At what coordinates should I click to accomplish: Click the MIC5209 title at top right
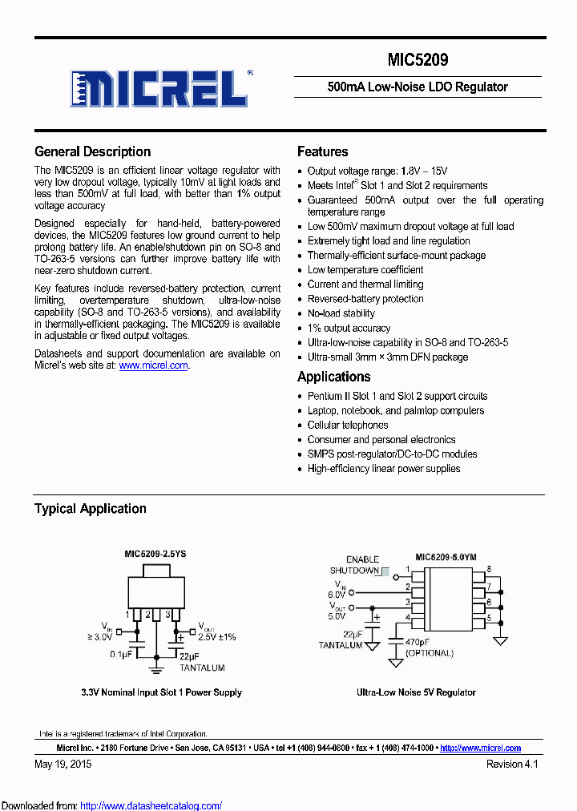click(x=418, y=60)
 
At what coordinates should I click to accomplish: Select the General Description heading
click(x=92, y=151)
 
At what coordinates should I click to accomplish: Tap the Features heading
click(x=322, y=151)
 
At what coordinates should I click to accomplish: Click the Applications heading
click(x=333, y=377)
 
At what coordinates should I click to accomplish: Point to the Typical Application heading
click(x=90, y=509)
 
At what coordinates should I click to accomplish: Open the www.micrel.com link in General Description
click(x=153, y=365)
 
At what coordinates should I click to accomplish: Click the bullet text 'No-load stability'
click(x=341, y=313)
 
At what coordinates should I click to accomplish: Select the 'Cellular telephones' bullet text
click(x=348, y=426)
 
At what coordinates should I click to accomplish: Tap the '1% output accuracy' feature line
click(x=349, y=328)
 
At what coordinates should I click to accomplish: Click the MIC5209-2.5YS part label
click(x=155, y=554)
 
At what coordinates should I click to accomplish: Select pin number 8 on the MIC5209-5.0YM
click(x=489, y=570)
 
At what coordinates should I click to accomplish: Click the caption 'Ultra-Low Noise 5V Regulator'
click(x=416, y=692)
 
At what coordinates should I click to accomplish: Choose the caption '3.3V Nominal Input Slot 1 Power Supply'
click(x=161, y=692)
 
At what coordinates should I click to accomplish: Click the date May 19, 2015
click(x=63, y=765)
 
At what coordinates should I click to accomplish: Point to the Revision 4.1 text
click(x=512, y=765)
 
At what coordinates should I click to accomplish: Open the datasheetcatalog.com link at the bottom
click(x=151, y=805)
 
